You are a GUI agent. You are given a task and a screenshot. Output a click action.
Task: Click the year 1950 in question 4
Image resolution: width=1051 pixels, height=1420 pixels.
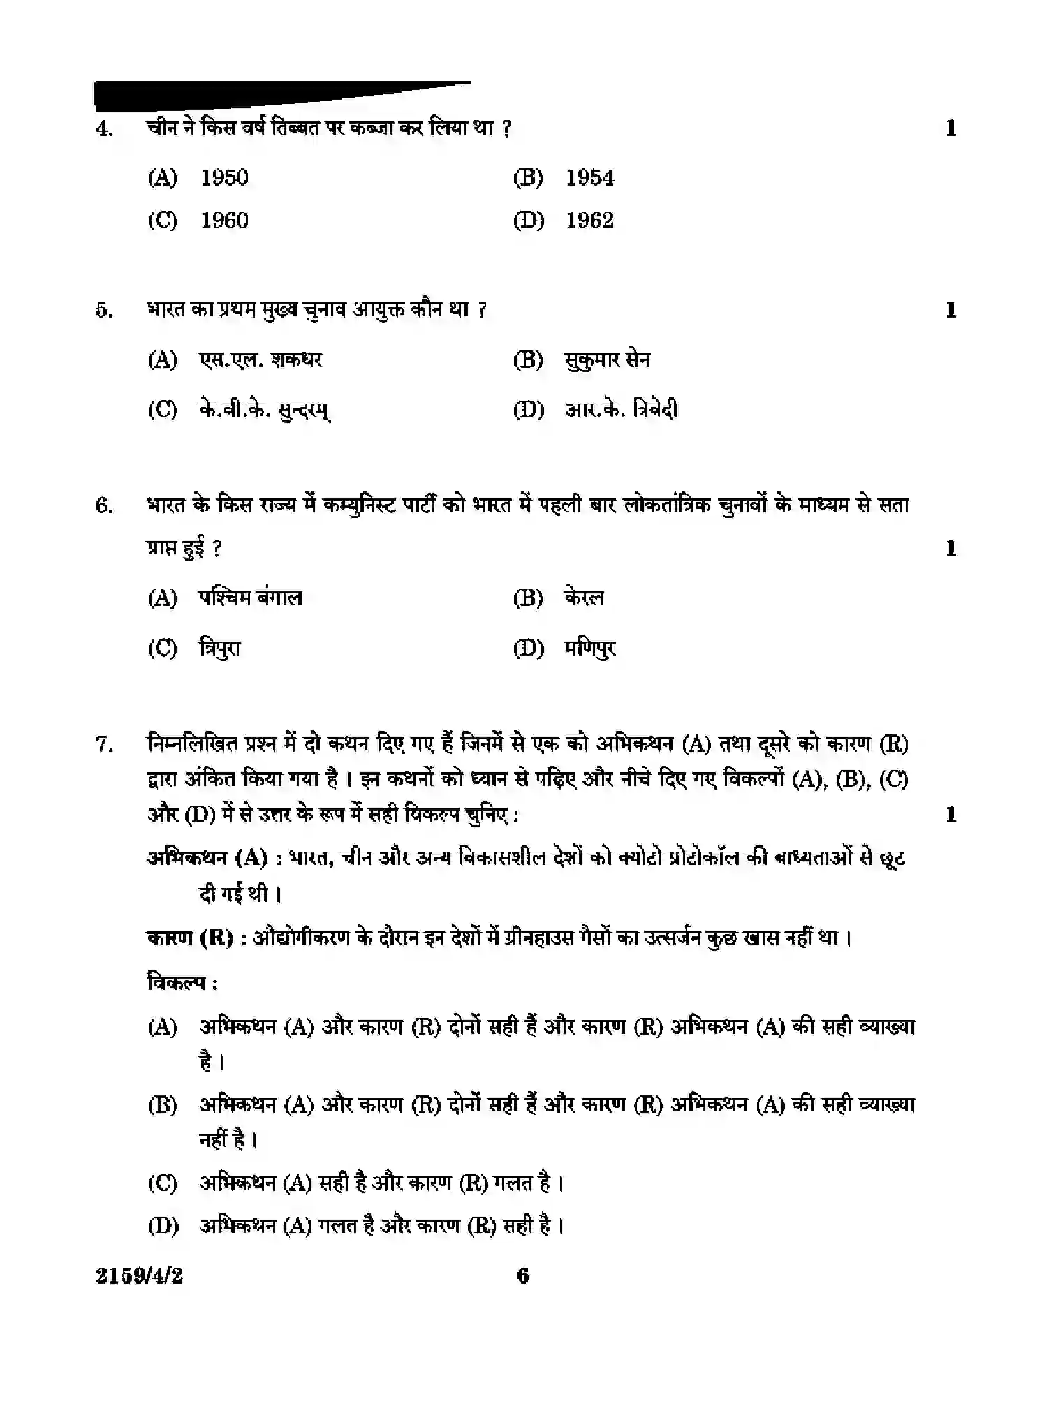[224, 178]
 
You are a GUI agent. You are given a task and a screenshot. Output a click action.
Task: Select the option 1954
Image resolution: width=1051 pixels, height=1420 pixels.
[589, 178]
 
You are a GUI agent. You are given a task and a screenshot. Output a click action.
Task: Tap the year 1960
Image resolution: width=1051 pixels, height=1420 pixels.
[224, 221]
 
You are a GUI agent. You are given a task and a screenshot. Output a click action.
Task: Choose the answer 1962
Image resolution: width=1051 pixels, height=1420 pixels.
[589, 221]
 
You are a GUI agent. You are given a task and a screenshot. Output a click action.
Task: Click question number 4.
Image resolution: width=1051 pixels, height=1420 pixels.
[104, 129]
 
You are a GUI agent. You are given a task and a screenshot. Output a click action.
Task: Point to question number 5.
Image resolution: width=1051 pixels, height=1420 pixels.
[104, 310]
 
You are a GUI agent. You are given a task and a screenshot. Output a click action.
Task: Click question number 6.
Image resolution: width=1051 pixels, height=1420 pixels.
[104, 505]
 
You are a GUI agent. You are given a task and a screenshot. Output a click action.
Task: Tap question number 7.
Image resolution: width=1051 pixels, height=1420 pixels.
[104, 745]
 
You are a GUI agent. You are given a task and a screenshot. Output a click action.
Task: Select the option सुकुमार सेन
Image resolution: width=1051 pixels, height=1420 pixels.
[607, 360]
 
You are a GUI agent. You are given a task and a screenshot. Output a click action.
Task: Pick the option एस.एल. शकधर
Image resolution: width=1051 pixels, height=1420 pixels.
[260, 360]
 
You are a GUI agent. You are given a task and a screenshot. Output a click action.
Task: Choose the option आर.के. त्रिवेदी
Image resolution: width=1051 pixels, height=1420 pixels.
[621, 409]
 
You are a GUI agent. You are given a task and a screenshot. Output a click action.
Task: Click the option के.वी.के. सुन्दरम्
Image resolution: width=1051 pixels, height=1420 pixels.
[264, 409]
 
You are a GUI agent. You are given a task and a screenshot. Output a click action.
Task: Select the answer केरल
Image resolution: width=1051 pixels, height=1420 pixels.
[584, 598]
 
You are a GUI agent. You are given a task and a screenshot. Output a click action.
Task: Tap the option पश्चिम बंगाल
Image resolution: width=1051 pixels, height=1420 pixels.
[250, 598]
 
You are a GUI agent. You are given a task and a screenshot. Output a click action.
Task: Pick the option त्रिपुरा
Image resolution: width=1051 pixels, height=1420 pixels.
[219, 648]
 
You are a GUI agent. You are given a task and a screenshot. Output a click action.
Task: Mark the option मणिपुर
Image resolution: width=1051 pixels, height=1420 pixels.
[590, 648]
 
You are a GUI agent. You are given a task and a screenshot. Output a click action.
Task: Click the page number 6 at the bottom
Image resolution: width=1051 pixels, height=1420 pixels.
[523, 1276]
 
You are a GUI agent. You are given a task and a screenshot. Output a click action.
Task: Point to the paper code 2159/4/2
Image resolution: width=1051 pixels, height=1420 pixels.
[139, 1276]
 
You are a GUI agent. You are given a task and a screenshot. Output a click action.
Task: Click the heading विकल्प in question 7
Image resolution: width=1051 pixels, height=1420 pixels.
[181, 982]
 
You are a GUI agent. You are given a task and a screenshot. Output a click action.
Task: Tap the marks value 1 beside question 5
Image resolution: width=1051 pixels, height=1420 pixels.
[950, 310]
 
